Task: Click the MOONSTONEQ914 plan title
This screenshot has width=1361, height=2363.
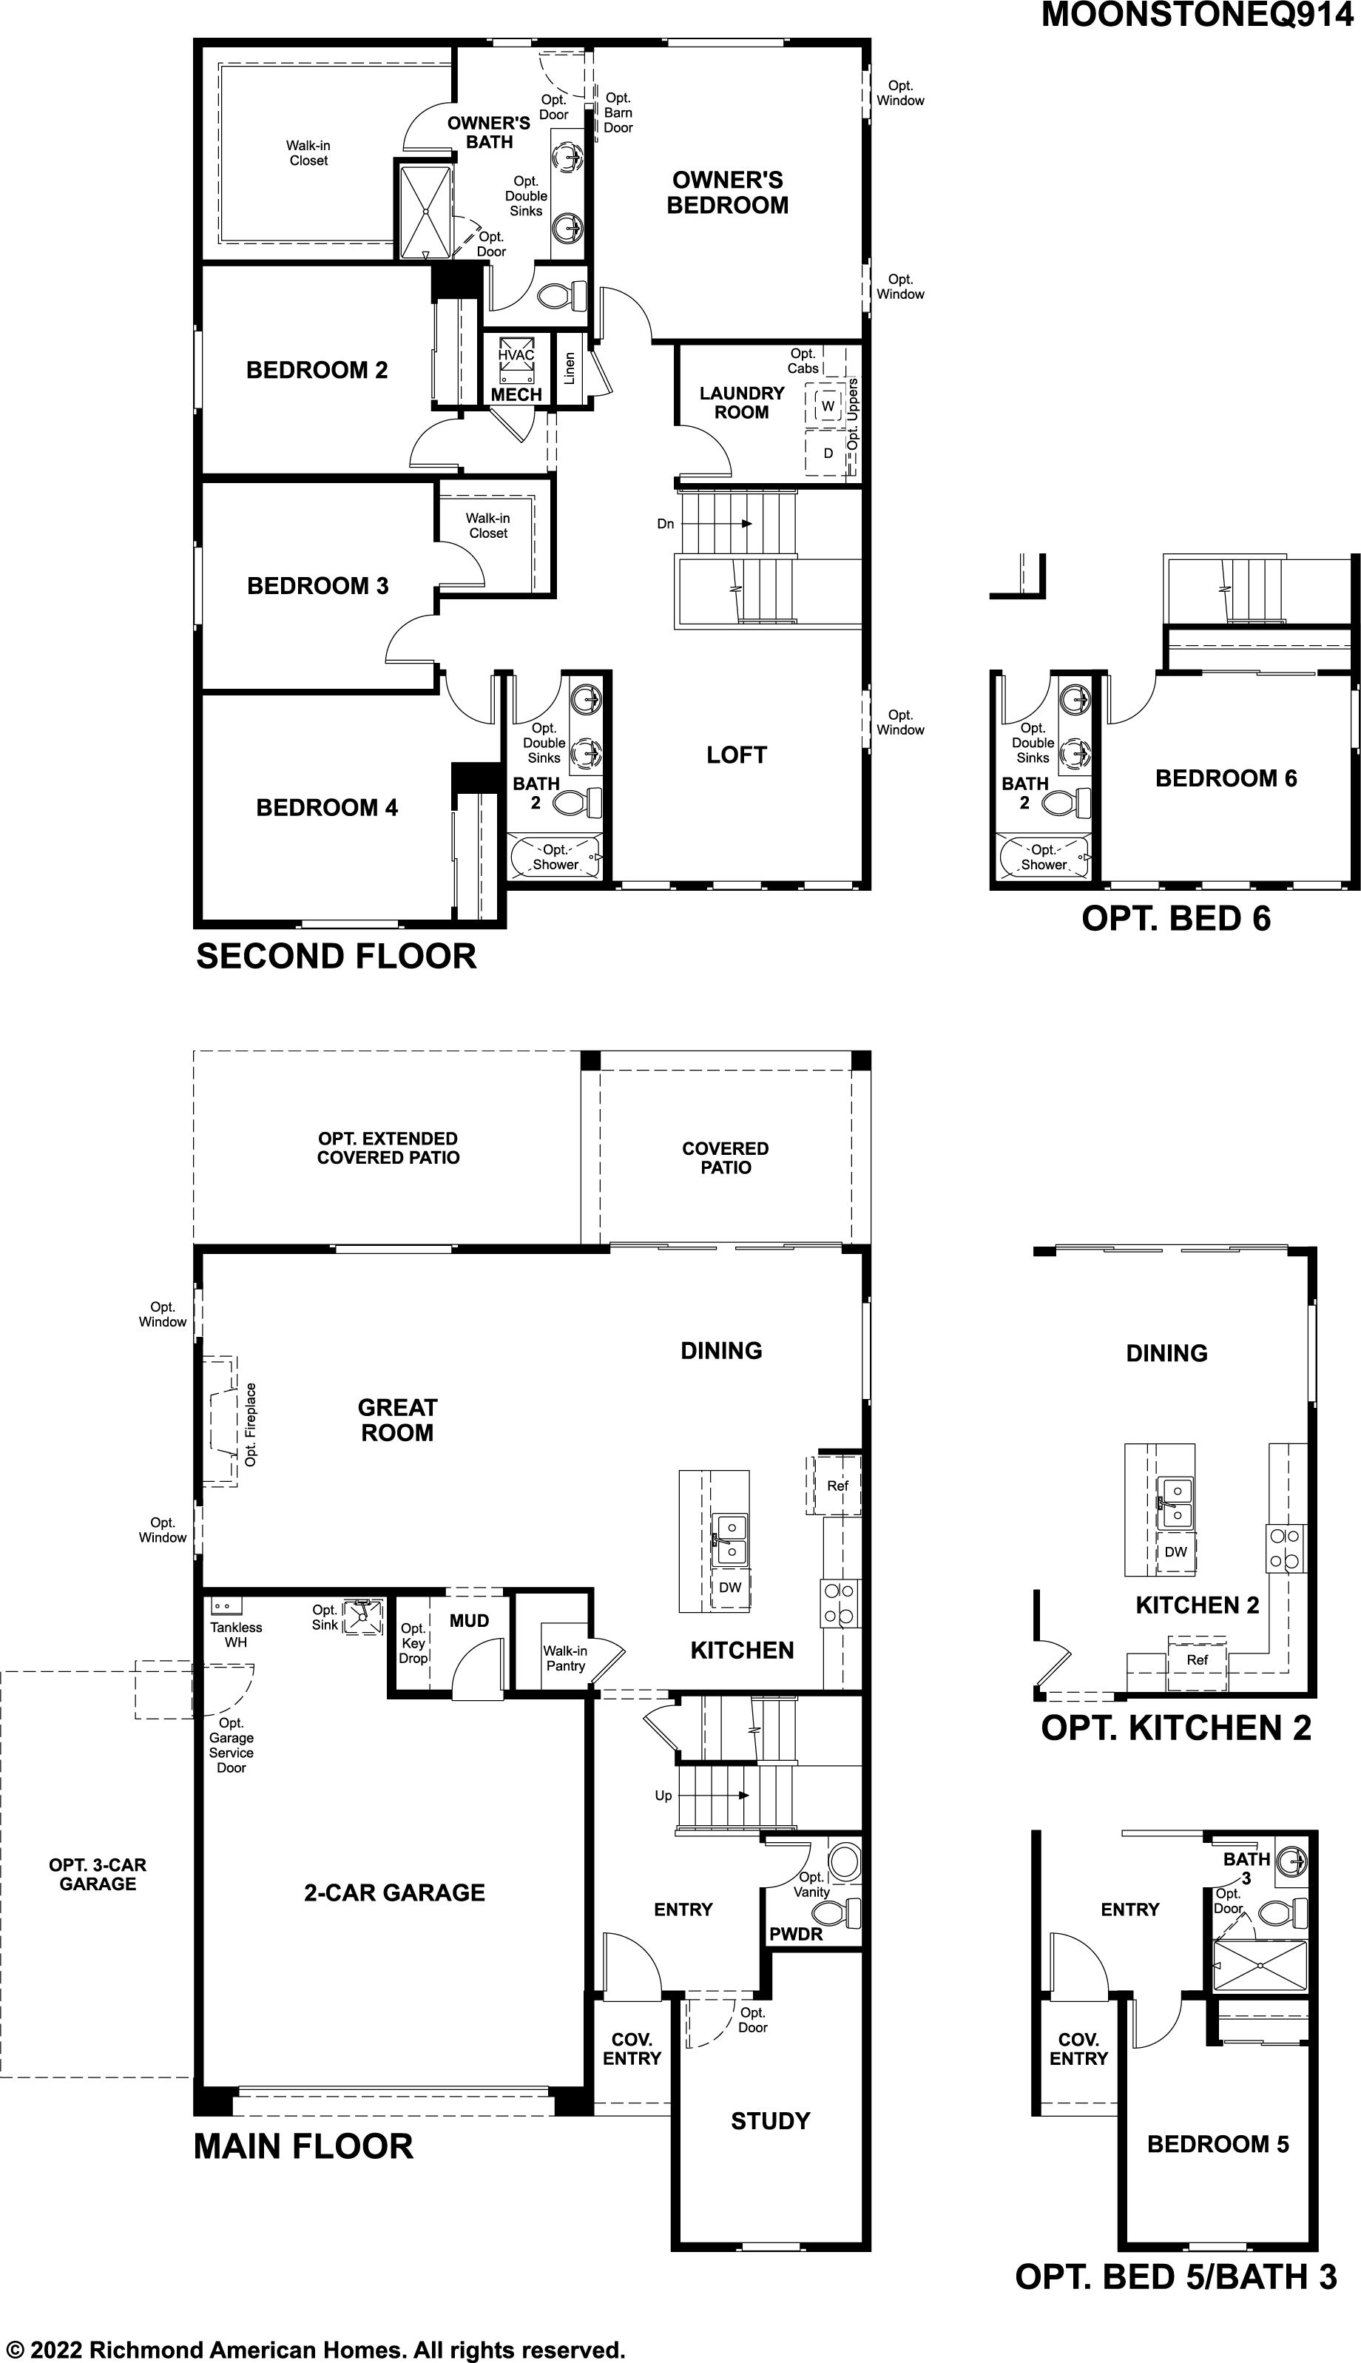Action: [x=1197, y=15]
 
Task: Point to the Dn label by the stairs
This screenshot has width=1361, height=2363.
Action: [x=666, y=524]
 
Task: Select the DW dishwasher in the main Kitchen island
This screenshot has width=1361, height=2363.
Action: [x=730, y=1587]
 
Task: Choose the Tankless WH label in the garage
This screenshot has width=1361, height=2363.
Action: [x=235, y=1635]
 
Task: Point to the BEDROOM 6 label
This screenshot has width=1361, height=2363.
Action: [x=1226, y=778]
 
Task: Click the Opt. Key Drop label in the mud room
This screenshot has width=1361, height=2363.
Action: [x=413, y=1642]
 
